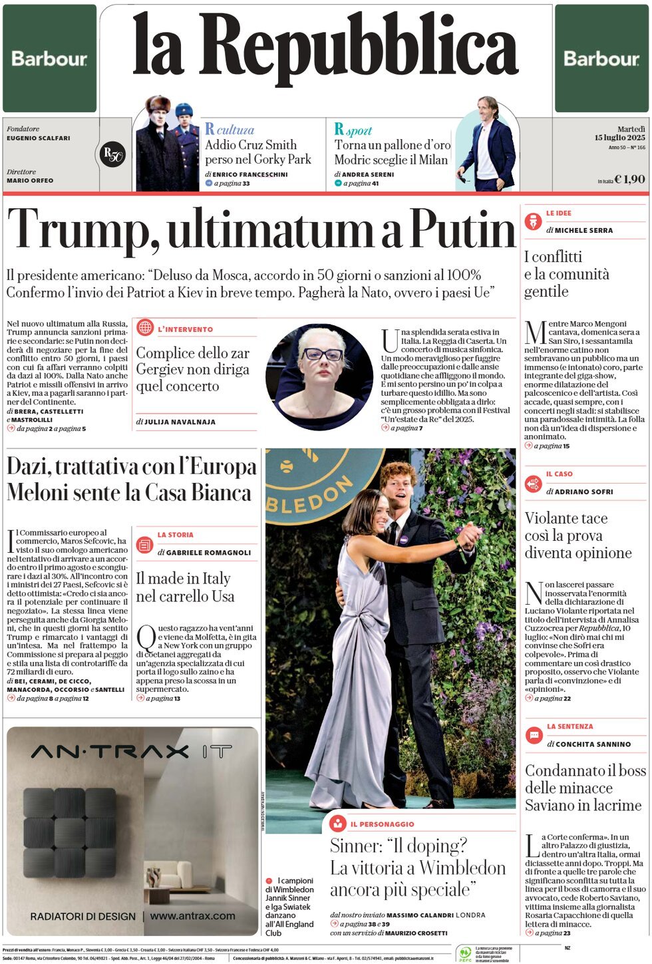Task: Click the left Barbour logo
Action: click(49, 59)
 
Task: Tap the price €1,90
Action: click(629, 179)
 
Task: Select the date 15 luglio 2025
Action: click(619, 138)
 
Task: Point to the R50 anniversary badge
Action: click(112, 154)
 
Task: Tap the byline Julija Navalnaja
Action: click(180, 422)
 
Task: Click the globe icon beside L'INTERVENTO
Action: click(145, 327)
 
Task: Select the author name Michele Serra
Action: click(583, 230)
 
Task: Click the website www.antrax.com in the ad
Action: click(192, 916)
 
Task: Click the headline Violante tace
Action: click(566, 518)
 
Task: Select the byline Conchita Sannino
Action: click(593, 744)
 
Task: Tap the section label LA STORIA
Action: click(175, 535)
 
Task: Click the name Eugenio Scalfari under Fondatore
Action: click(38, 138)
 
